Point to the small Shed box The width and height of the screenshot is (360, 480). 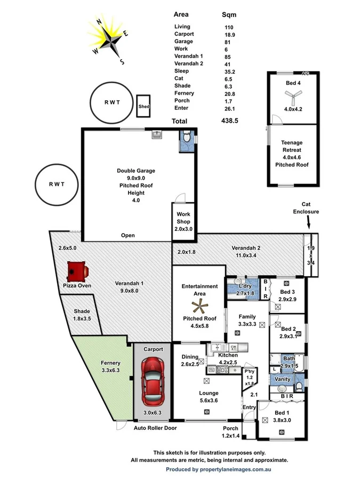click(144, 106)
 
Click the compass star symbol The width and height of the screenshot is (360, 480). click(112, 39)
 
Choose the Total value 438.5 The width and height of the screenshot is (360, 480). click(229, 121)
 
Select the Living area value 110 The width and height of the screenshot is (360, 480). click(229, 27)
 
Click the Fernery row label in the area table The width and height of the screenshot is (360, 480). click(183, 93)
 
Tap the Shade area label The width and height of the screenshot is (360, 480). click(82, 311)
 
